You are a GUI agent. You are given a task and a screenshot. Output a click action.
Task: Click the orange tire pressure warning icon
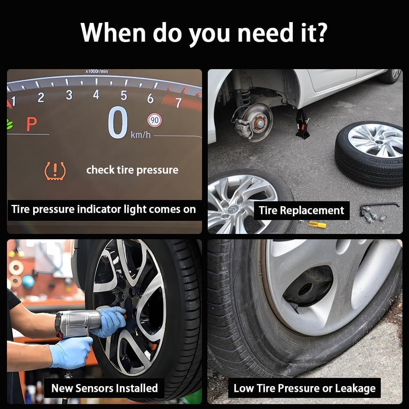(55, 171)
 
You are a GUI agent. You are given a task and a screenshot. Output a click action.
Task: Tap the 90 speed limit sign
(155, 120)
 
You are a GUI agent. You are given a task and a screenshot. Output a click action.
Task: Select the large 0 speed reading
(118, 123)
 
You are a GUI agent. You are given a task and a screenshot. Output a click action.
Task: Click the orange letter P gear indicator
(31, 124)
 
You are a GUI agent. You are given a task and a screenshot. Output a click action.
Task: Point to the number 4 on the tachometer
(96, 95)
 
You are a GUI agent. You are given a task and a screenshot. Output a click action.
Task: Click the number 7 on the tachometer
(178, 103)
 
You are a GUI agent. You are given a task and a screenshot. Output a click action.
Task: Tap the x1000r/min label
(97, 71)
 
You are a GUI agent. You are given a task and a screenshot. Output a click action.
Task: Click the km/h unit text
(141, 135)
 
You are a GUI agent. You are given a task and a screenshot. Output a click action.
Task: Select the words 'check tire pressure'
(132, 170)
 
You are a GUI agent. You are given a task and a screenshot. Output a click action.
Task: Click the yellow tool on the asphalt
(317, 224)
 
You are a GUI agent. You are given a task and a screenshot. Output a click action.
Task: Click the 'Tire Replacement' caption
(301, 211)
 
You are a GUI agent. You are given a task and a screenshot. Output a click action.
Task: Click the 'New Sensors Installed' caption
(104, 388)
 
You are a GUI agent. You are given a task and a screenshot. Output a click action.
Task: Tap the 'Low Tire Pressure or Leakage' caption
(304, 389)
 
